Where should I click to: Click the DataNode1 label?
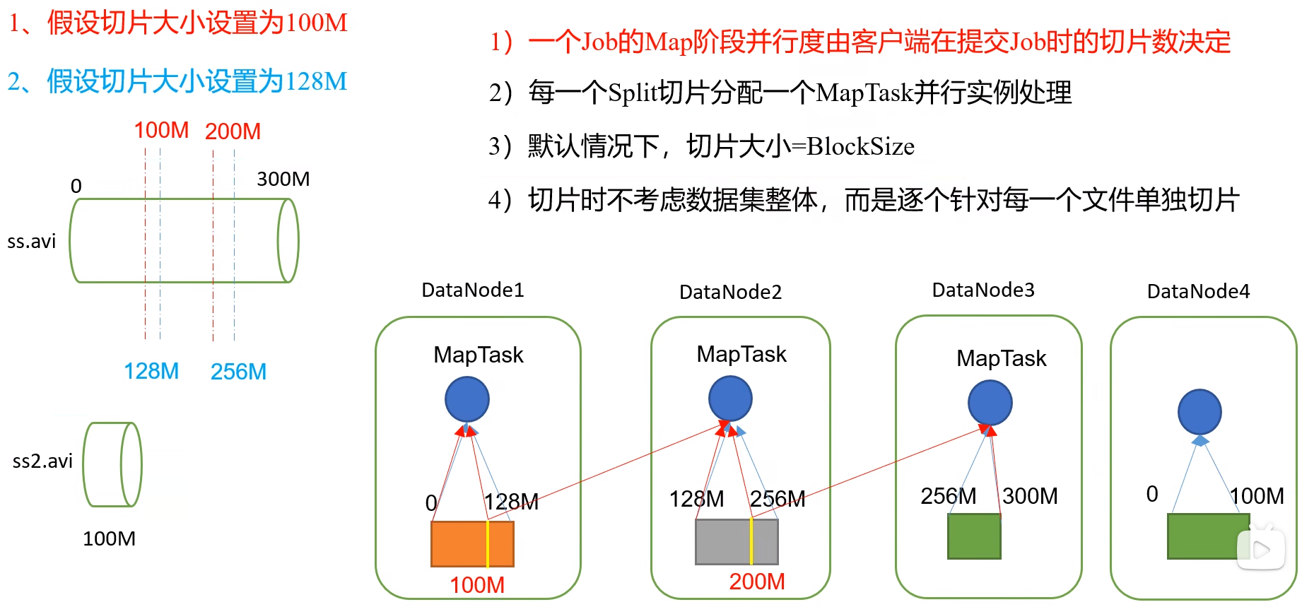(472, 290)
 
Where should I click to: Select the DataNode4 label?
(1198, 291)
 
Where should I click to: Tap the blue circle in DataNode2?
(730, 399)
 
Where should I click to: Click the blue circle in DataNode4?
(1200, 412)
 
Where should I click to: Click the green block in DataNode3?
(974, 536)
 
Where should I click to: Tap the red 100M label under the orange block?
(477, 585)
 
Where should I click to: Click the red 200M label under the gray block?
(757, 582)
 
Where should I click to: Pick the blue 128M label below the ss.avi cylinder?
(151, 371)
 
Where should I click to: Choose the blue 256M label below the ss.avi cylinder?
(238, 372)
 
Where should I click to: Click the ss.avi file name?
(31, 242)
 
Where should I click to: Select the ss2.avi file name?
(42, 461)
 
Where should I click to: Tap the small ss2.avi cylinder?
(112, 464)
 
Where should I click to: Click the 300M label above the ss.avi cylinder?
(283, 179)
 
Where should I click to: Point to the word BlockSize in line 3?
(860, 146)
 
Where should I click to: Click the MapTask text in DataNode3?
(1001, 358)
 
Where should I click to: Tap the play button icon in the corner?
(1261, 549)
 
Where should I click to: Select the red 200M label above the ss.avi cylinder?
(233, 131)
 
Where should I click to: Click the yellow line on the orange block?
(488, 544)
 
